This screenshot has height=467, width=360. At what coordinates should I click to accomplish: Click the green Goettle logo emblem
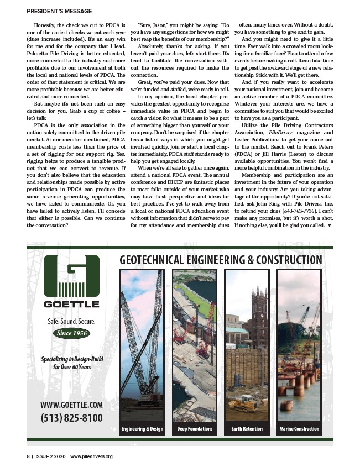coord(71,276)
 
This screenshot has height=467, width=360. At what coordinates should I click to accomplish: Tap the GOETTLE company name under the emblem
coord(71,304)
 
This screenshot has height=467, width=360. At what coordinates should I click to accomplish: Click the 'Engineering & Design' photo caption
coord(142,429)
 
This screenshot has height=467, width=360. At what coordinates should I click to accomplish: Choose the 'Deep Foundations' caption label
coord(195,429)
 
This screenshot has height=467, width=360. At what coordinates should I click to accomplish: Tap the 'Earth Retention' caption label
coord(247,429)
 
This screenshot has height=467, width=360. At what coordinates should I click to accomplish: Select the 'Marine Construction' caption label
coord(299,429)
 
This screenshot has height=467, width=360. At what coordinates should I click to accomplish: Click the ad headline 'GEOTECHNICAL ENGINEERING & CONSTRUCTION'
coord(221,260)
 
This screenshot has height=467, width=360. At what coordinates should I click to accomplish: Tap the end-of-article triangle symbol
coord(330,225)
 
